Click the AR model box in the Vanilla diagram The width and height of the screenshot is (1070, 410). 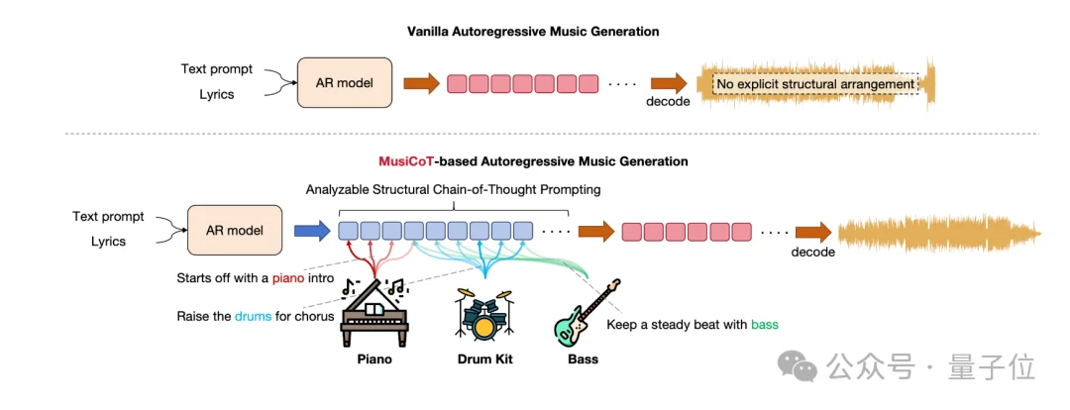tap(345, 83)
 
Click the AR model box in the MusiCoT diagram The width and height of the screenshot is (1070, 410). tap(235, 230)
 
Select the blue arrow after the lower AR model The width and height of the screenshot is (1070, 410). tap(311, 231)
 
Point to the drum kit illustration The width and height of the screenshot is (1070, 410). tap(483, 315)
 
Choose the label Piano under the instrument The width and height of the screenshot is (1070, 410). tap(374, 359)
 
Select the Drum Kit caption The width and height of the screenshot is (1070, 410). tap(484, 359)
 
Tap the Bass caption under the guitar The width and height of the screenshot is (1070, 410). tap(583, 359)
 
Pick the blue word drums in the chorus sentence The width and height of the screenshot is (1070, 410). tap(252, 317)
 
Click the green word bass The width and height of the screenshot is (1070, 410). tap(765, 324)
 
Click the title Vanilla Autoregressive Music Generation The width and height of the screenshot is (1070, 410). tap(533, 32)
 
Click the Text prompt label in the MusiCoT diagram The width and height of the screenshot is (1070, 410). tap(109, 216)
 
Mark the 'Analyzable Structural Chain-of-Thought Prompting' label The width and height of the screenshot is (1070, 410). tap(454, 189)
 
